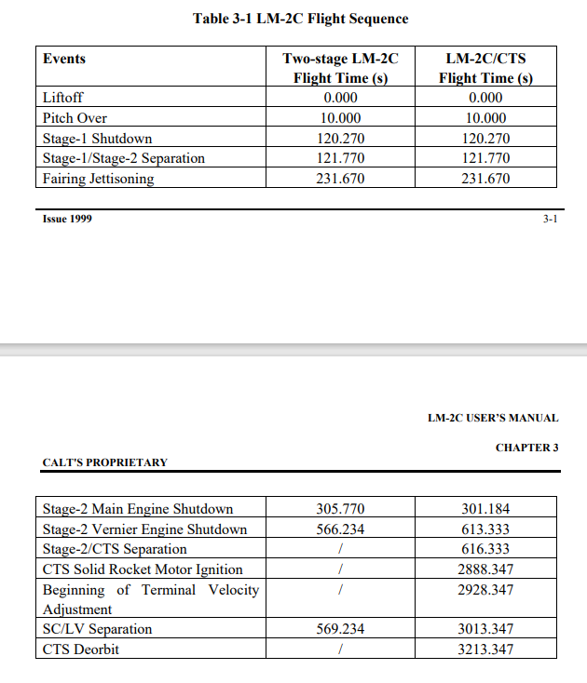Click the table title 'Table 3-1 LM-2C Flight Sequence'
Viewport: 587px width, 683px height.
pyautogui.click(x=300, y=19)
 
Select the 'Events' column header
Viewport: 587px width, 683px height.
pyautogui.click(x=64, y=59)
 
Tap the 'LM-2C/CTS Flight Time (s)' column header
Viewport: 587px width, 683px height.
pyautogui.click(x=485, y=68)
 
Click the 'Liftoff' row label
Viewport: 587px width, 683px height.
pyautogui.click(x=61, y=98)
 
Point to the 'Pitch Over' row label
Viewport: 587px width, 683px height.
pyautogui.click(x=75, y=118)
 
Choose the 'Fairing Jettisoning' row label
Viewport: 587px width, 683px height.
pyautogui.click(x=98, y=179)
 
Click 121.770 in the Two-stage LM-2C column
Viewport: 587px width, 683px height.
pyautogui.click(x=340, y=158)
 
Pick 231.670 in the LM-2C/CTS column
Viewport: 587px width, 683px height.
pyautogui.click(x=485, y=179)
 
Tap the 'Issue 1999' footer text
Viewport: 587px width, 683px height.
pyautogui.click(x=67, y=220)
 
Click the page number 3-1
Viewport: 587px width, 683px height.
pyautogui.click(x=550, y=220)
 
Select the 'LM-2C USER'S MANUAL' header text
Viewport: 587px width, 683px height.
pyautogui.click(x=493, y=419)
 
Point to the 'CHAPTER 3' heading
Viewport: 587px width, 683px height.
pyautogui.click(x=526, y=448)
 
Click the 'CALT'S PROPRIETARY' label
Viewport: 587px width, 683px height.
pyautogui.click(x=105, y=462)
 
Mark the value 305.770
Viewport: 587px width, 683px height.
pyautogui.click(x=340, y=509)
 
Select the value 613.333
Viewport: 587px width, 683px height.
pyautogui.click(x=485, y=529)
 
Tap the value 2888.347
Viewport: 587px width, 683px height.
pyautogui.click(x=485, y=569)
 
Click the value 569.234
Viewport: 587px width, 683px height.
pyautogui.click(x=340, y=629)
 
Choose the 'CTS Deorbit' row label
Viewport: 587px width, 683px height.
pyautogui.click(x=81, y=650)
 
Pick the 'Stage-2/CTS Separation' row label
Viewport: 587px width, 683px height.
pyautogui.click(x=115, y=549)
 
